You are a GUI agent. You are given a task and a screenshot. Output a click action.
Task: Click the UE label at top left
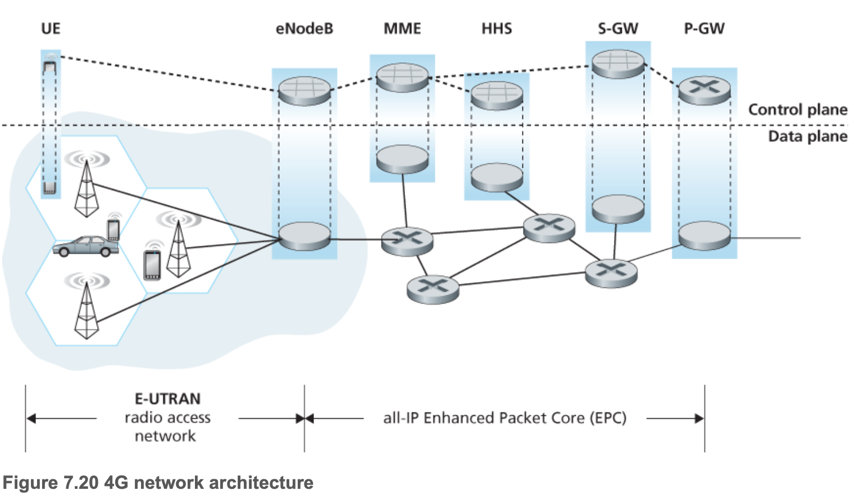coord(50,29)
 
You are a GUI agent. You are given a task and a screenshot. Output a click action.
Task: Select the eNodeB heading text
coord(304,29)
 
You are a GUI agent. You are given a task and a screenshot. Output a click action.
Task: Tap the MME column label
coord(402,29)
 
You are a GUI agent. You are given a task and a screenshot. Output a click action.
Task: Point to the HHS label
coord(497,29)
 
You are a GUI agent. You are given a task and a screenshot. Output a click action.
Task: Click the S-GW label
coord(618,29)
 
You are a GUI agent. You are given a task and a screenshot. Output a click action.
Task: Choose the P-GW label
coord(704,29)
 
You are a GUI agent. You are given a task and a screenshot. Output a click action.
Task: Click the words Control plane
coord(797,109)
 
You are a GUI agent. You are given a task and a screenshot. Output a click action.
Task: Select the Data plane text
coord(807,136)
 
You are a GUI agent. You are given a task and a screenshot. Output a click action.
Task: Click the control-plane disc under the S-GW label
coord(618,63)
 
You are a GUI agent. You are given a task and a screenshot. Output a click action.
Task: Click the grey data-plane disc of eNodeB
coord(304,236)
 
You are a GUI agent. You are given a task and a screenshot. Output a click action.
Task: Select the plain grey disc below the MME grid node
coord(402,159)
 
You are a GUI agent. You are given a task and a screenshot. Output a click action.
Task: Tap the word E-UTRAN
coord(167,399)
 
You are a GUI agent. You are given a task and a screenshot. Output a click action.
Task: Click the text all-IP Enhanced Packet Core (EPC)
coord(504,418)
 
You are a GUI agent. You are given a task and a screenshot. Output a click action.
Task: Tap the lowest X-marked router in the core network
coord(433,288)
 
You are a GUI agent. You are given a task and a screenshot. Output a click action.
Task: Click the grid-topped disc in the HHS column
coord(497,95)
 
